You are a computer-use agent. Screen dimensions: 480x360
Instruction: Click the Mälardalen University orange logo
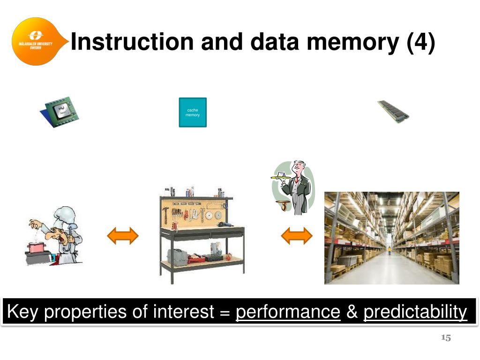(x=34, y=41)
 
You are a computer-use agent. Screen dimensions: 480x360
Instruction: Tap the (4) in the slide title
(x=421, y=42)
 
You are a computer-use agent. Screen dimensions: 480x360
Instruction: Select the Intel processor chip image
(x=59, y=112)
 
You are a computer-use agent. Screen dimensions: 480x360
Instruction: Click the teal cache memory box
(x=193, y=112)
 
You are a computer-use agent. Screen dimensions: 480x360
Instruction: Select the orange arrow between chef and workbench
(x=123, y=235)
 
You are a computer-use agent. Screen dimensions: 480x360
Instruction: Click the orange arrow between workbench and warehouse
(x=296, y=235)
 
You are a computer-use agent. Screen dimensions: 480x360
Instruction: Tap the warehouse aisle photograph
(x=391, y=238)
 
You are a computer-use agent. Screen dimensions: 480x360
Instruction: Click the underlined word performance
(x=288, y=312)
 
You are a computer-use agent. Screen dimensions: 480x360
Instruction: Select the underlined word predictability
(x=415, y=312)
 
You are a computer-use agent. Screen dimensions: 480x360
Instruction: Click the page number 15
(x=446, y=338)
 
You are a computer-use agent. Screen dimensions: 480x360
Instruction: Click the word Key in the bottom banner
(x=23, y=312)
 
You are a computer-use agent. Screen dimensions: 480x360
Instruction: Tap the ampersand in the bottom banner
(x=352, y=312)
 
